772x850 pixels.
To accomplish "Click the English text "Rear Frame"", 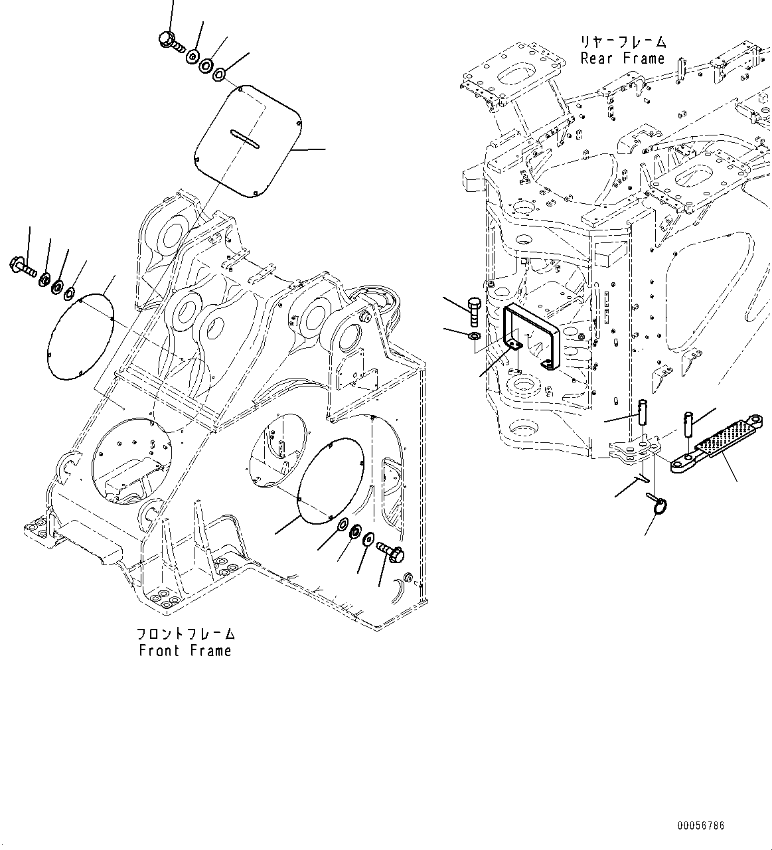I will click(x=622, y=58).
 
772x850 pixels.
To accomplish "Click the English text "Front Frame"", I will click(x=185, y=650).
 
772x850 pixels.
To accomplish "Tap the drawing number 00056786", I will click(x=701, y=826).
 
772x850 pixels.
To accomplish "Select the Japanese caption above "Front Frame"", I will click(x=186, y=634).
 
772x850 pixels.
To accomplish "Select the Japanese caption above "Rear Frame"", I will click(x=622, y=42).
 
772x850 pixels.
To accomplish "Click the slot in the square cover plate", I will click(x=244, y=139).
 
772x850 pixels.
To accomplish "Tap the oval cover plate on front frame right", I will click(x=329, y=478).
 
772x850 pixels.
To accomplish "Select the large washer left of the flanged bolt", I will click(x=368, y=539).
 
